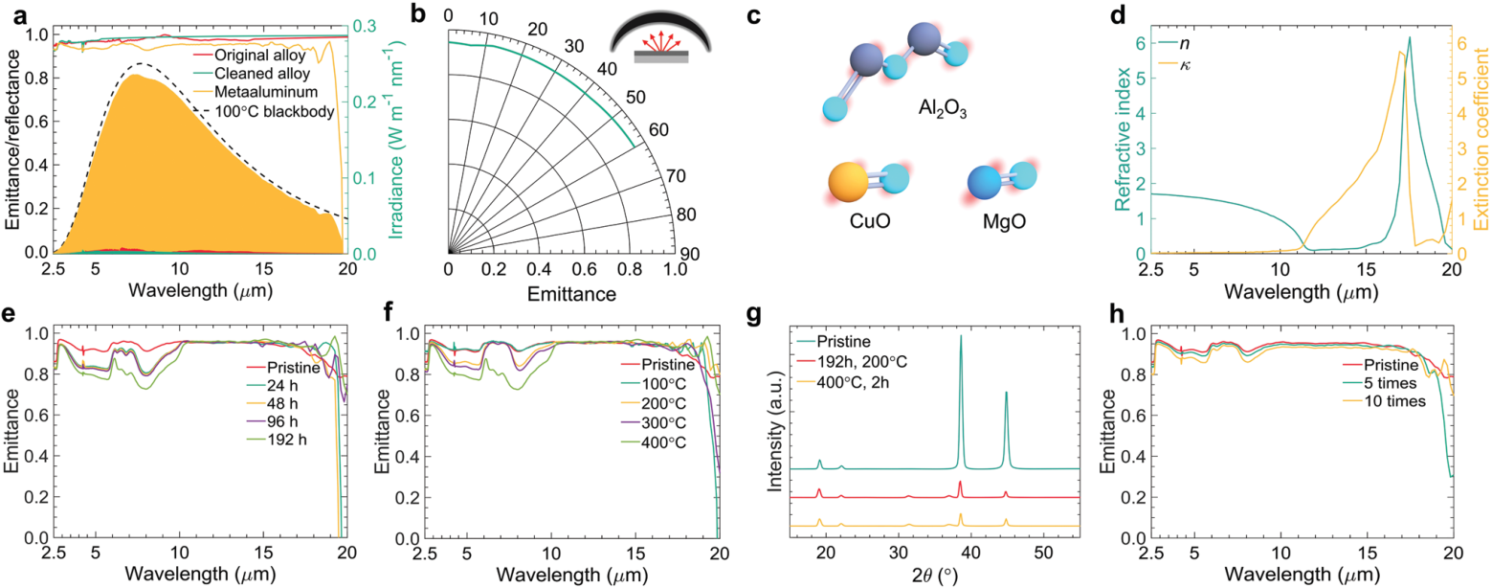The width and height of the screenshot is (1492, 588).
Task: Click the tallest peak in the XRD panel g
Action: coord(960,337)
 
